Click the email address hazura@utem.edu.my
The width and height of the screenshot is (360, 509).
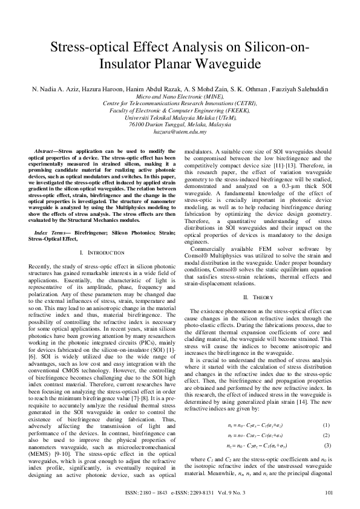[x=180, y=131]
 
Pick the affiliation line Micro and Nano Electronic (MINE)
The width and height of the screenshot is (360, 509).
[x=180, y=96]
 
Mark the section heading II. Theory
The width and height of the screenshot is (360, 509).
[x=254, y=297]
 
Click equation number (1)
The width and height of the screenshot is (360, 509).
[x=326, y=409]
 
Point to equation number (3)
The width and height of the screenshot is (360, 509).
[x=326, y=429]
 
